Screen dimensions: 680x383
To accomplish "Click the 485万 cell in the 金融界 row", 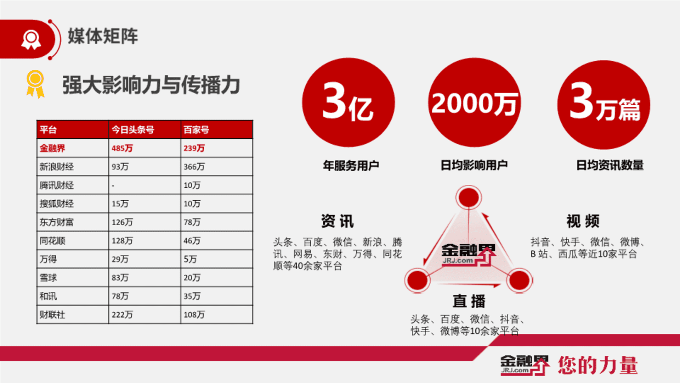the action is coord(122,148).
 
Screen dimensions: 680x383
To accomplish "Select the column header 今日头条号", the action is coord(133,130).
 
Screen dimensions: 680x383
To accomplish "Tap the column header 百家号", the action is coord(196,130).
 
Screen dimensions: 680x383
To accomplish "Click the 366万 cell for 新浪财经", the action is coord(194,167).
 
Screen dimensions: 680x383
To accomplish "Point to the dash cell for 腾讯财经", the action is coord(113,185).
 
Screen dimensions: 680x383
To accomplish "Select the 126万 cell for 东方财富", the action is coord(122,222).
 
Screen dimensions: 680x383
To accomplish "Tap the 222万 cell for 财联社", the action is coord(122,315).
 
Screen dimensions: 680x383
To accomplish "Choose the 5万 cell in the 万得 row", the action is coord(190,259).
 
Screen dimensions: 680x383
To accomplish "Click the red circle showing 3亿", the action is coord(348,102).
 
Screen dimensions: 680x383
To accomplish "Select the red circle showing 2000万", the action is coord(475,102).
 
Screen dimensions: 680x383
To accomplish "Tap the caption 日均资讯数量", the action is coord(610,165).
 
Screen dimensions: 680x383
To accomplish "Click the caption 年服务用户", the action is coord(351,165).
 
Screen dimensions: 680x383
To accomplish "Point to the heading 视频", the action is coord(583,221).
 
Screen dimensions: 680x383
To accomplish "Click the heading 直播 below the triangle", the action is coord(469,301).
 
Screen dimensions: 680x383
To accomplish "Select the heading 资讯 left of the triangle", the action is coord(338,221).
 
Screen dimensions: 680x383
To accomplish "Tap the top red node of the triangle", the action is coord(469,197).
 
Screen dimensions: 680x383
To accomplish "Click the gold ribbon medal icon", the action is coord(35,84).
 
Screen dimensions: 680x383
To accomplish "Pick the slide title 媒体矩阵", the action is coord(103,36).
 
